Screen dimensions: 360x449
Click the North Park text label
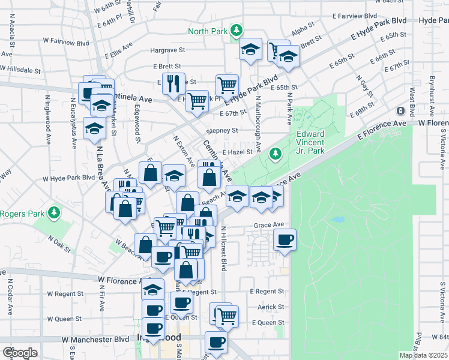[208, 31]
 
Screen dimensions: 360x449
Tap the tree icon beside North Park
[237, 30]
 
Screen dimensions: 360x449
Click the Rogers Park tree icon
[54, 213]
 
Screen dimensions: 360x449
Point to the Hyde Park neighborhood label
[435, 20]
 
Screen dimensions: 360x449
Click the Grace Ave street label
[268, 225]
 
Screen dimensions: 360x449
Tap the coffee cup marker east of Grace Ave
[285, 239]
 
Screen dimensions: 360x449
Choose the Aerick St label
[271, 307]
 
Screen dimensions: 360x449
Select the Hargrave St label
[168, 51]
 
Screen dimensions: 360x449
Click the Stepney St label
[222, 130]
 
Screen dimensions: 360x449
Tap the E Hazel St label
[238, 152]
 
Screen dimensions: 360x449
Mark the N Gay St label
[361, 87]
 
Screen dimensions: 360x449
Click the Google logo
[19, 353]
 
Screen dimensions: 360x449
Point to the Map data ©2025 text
[423, 355]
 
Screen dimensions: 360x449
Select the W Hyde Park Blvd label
[69, 178]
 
